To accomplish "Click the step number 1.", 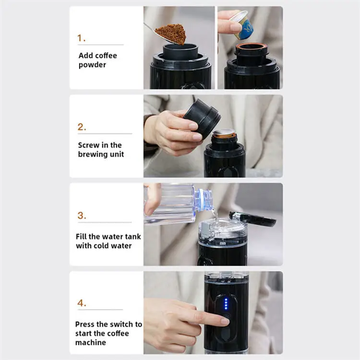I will tap(81, 37).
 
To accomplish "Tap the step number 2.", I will tap(82, 127).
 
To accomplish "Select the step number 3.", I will tap(82, 216).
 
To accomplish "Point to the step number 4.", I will tap(82, 303).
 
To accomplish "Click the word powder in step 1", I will tap(92, 65).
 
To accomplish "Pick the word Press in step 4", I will tap(85, 324).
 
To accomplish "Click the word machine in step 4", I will tap(91, 343).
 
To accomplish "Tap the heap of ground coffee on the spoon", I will tap(172, 33).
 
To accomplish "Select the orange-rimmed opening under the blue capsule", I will tap(251, 47).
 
